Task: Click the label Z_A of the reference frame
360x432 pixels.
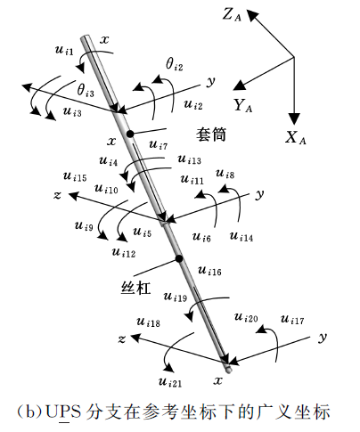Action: click(x=232, y=15)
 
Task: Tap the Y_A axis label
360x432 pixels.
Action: click(x=242, y=105)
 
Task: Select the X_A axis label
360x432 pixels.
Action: click(x=295, y=137)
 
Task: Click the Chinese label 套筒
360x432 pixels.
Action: click(x=211, y=134)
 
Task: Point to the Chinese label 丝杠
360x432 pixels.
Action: click(x=135, y=288)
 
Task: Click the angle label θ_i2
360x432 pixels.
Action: click(x=175, y=64)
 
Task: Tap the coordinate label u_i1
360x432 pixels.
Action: click(x=64, y=50)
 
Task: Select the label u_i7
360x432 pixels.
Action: click(x=159, y=145)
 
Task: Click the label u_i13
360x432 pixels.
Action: click(x=190, y=159)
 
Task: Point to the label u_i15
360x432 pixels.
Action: click(x=75, y=176)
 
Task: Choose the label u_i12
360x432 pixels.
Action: click(x=124, y=253)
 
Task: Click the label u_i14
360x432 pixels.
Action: click(x=241, y=237)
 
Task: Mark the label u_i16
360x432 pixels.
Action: click(x=209, y=271)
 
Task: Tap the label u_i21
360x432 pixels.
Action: click(x=170, y=382)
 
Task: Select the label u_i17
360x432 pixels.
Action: click(x=292, y=320)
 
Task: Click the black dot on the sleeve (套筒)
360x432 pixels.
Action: click(x=130, y=134)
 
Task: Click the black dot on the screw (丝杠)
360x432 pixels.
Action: click(x=179, y=259)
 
